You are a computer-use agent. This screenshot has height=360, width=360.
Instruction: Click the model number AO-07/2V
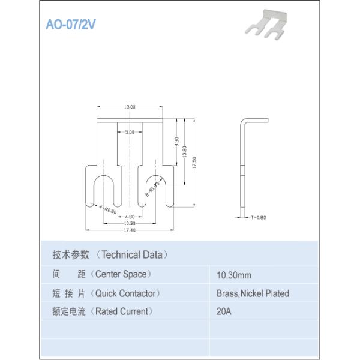pos(71,26)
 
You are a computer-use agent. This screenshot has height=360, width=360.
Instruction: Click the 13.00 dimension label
pos(130,107)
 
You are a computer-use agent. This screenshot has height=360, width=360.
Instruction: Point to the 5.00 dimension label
pos(130,132)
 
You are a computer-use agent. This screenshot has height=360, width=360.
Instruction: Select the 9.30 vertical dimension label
pos(176,143)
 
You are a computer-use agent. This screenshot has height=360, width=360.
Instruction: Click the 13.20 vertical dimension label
pos(184,152)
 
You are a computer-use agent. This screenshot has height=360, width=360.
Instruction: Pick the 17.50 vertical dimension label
pos(194,163)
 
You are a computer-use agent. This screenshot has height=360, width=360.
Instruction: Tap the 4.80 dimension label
pos(130,216)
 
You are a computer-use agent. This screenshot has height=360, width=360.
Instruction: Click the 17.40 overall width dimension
pos(129,230)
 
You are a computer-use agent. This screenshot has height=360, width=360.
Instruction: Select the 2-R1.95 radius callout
pos(152,188)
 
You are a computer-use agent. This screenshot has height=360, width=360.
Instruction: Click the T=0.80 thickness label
pos(258,217)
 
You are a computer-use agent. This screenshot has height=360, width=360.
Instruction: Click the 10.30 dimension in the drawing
pos(130,223)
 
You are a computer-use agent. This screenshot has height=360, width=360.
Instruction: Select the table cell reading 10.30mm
pos(233,276)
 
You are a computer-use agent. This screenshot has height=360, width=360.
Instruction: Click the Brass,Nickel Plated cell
pos(253,293)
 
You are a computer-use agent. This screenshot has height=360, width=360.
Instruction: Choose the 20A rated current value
pos(224,312)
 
